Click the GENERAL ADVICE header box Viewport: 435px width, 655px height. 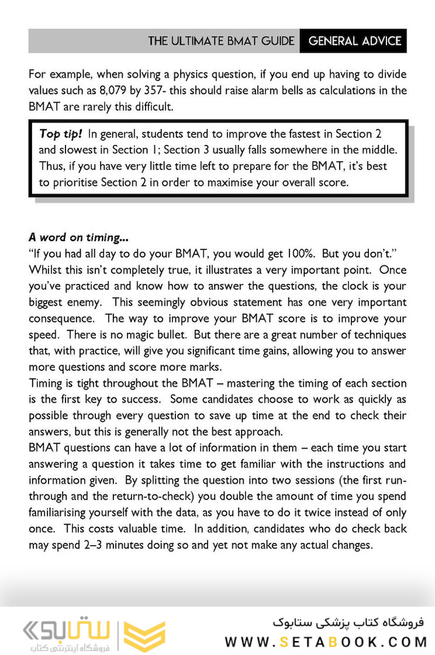(355, 41)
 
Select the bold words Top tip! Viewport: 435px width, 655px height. (60, 133)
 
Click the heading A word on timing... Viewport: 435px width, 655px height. (78, 238)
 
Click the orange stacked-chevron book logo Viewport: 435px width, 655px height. (144, 636)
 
